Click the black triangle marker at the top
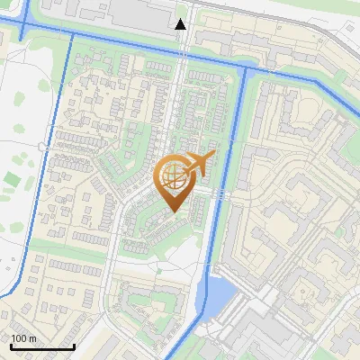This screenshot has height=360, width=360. [x=181, y=23]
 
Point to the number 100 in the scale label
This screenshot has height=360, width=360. [x=19, y=338]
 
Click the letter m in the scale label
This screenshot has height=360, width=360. [x=32, y=338]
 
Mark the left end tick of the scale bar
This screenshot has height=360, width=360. [x=11, y=346]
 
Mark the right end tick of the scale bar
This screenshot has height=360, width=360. [x=74, y=346]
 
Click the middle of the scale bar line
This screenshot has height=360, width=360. [x=42, y=347]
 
